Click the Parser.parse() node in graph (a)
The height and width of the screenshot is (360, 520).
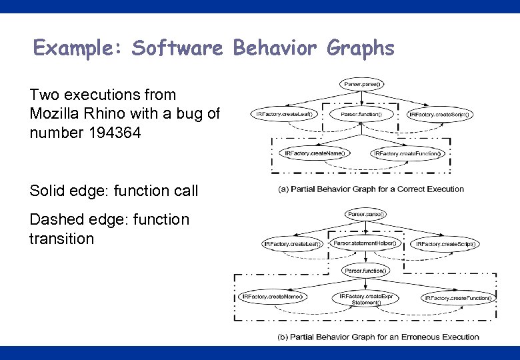362,84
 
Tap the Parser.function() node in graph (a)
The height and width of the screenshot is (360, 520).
361,114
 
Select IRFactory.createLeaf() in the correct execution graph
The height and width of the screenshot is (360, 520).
284,114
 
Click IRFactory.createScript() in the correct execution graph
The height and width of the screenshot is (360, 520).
439,114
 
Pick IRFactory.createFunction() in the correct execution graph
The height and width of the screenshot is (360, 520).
407,153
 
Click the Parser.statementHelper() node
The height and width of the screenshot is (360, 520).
365,243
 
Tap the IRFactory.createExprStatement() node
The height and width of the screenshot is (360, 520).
365,298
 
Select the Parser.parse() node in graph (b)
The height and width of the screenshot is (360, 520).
365,214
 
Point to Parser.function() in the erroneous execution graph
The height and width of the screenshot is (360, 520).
364,270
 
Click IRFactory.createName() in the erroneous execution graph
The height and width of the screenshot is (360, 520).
273,296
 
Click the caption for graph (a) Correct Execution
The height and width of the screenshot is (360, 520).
371,189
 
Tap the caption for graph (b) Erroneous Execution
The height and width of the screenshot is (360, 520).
378,337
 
